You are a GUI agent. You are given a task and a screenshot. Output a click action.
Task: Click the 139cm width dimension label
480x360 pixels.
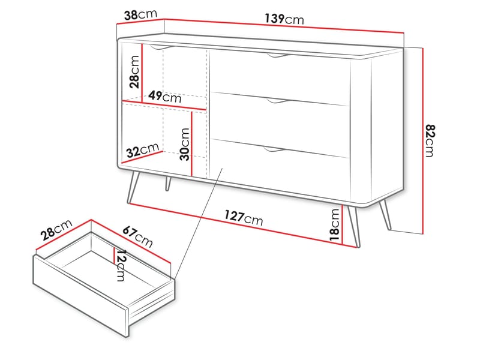(284, 19)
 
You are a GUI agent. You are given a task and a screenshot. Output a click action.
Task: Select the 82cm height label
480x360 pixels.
(429, 140)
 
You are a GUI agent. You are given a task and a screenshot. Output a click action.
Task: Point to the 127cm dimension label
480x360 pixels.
(244, 217)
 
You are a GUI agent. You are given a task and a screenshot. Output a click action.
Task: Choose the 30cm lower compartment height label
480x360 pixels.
(185, 145)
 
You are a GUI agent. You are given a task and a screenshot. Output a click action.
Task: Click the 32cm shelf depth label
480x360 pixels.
(142, 151)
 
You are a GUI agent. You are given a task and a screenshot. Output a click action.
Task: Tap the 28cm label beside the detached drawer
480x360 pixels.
(58, 230)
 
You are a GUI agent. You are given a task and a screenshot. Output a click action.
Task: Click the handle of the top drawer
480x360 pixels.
(278, 56)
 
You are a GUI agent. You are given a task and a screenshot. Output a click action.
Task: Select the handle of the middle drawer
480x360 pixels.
(278, 103)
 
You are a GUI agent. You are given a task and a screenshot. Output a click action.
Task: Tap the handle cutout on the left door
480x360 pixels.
(161, 46)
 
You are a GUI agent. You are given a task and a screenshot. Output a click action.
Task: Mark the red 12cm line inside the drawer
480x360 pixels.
(114, 254)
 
